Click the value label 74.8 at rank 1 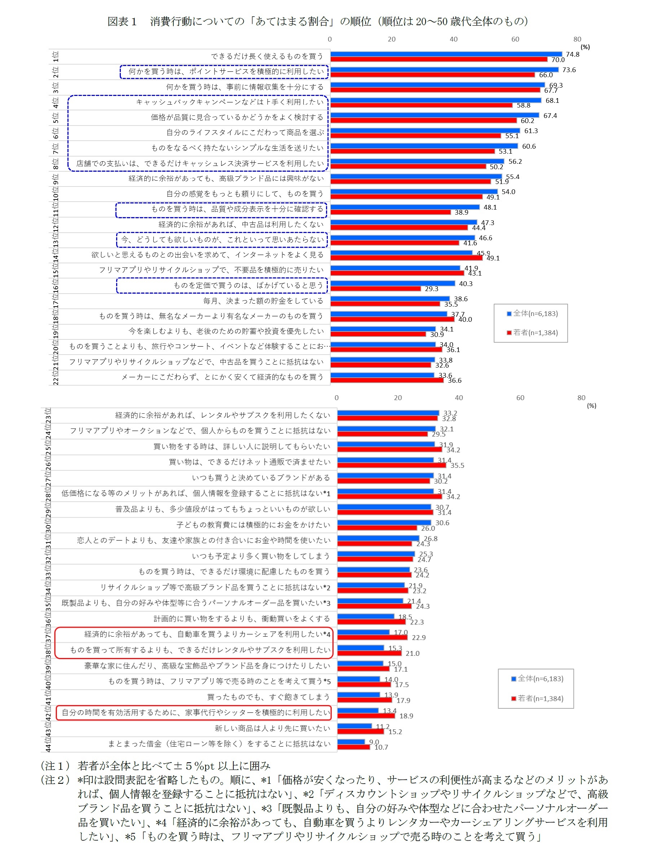tap(572, 54)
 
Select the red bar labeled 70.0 tap(439, 60)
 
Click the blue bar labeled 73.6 tap(444, 70)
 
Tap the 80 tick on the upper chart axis tap(577, 39)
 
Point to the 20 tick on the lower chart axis tap(397, 398)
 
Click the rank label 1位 tap(56, 56)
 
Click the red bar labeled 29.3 tap(375, 289)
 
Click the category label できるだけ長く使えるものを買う tap(267, 56)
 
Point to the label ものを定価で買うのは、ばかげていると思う tap(248, 286)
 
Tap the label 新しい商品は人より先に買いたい tap(272, 728)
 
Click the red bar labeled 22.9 tap(372, 638)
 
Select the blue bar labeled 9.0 tap(351, 742)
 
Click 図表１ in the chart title tap(122, 22)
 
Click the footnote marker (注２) tap(56, 780)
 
